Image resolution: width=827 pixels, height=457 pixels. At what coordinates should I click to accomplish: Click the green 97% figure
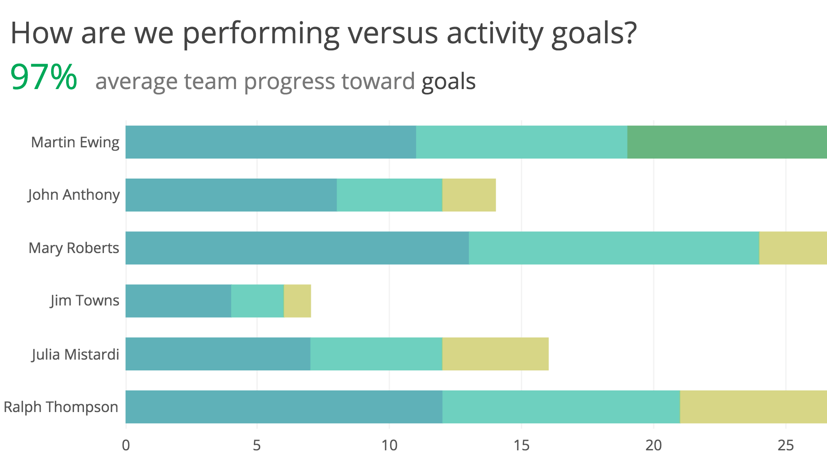click(44, 77)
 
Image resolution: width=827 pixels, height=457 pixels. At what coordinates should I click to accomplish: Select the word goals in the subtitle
click(448, 82)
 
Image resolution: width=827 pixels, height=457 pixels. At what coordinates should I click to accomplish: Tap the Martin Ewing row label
click(75, 142)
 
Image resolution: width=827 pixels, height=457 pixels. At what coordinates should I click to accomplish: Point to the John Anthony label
click(74, 195)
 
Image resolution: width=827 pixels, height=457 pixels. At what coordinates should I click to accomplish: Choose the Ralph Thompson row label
click(61, 407)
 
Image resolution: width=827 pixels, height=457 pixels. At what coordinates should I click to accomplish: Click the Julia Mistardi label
click(75, 355)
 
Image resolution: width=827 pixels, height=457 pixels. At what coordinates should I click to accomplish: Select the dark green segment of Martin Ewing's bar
click(726, 142)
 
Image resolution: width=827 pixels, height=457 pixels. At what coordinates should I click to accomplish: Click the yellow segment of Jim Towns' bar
click(297, 301)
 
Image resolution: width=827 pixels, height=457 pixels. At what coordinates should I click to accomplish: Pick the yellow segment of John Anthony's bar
click(469, 195)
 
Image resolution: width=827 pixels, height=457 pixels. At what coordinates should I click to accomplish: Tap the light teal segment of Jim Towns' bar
click(257, 301)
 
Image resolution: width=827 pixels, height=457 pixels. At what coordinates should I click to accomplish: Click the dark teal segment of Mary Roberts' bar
click(297, 248)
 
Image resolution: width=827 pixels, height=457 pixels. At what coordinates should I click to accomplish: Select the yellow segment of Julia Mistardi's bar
click(495, 354)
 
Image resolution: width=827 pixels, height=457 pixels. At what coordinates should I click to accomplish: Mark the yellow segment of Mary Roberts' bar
click(793, 248)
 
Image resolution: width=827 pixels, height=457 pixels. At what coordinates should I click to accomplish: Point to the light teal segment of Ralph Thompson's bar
click(561, 407)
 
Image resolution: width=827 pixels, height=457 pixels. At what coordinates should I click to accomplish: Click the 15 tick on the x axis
click(521, 446)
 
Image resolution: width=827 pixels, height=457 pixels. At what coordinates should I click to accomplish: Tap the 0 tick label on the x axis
click(126, 446)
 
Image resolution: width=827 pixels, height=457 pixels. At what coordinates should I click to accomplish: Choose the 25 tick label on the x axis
click(785, 446)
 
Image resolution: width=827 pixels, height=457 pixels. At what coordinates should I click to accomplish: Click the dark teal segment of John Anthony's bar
click(231, 195)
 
